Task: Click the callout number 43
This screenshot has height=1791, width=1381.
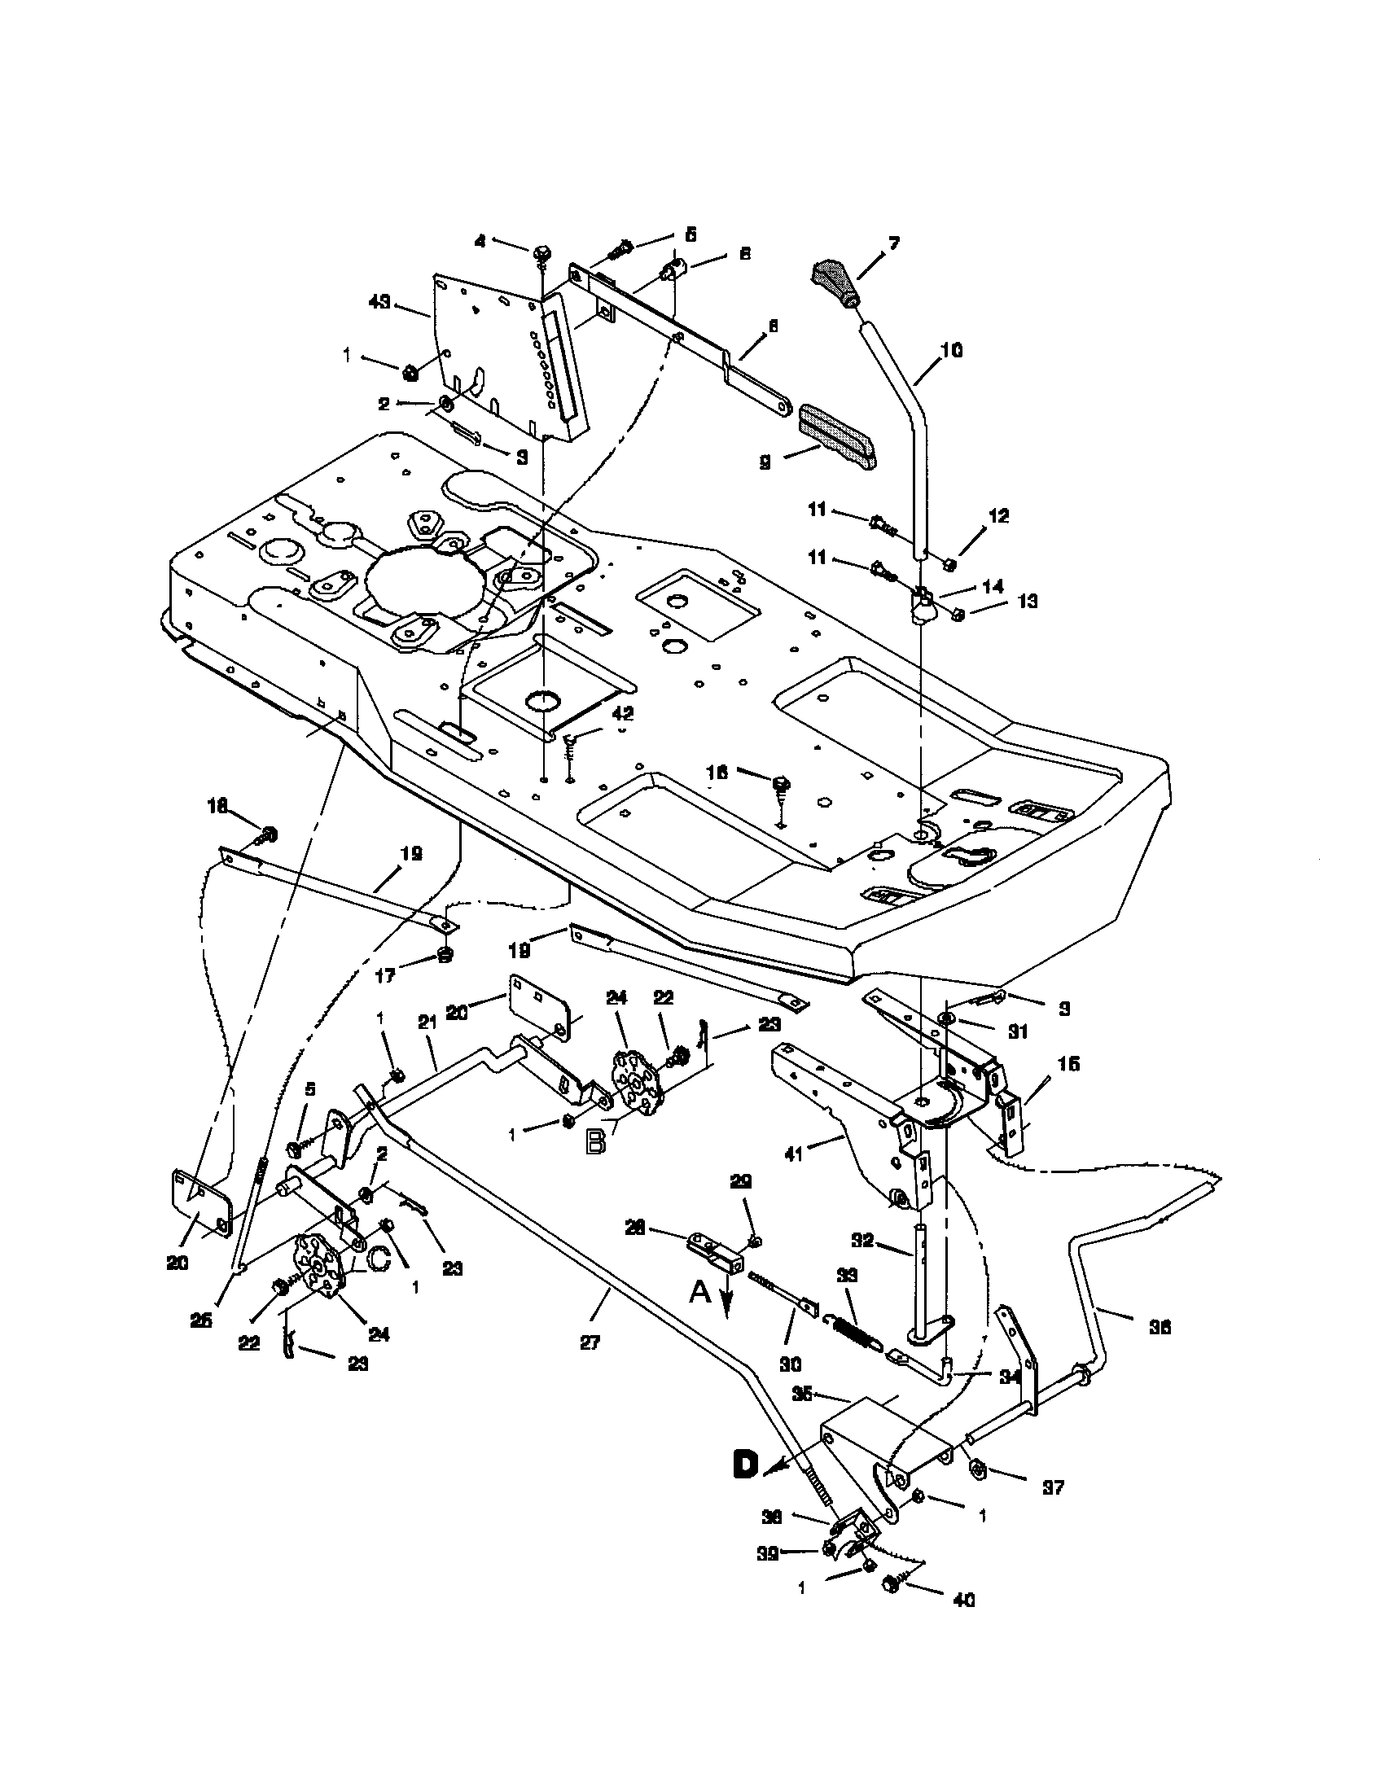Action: coord(379,303)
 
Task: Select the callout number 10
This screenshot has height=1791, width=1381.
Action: coord(952,350)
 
